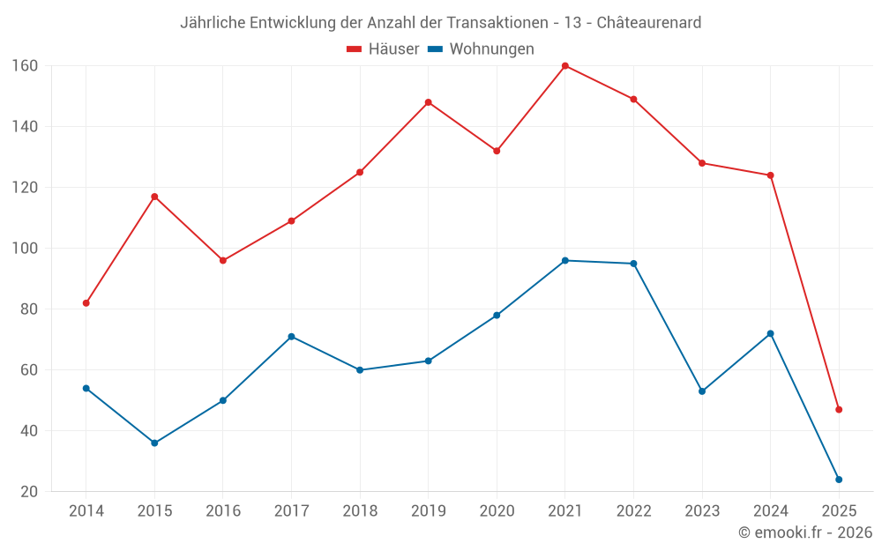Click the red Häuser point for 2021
click(565, 66)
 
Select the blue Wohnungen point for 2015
click(154, 443)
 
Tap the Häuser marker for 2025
click(839, 409)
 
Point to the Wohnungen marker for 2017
click(291, 337)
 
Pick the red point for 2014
click(86, 303)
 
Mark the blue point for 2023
click(702, 391)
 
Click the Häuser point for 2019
click(429, 102)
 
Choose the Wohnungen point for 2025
click(839, 480)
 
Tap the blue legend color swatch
click(435, 49)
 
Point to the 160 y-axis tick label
click(24, 66)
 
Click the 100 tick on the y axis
click(24, 249)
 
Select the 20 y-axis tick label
click(27, 492)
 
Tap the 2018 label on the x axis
click(360, 511)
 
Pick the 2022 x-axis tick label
click(633, 511)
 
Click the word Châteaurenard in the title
click(649, 23)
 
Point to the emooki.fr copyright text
click(805, 532)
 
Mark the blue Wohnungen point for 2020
click(497, 316)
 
